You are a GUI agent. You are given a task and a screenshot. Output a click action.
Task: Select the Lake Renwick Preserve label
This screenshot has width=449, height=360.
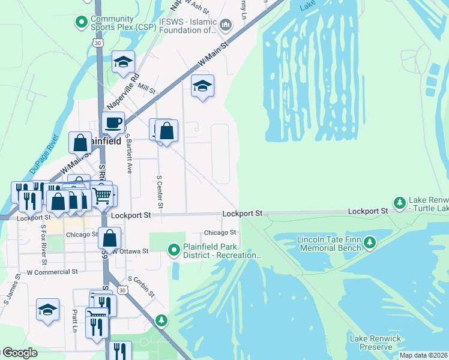pos(376,343)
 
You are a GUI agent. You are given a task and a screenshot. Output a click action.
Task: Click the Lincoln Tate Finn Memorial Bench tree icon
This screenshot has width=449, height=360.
pos(370,242)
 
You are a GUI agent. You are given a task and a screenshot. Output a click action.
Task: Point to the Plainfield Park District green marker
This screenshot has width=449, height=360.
pos(173,249)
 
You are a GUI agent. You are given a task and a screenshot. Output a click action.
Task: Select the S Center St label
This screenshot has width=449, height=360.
pos(160,192)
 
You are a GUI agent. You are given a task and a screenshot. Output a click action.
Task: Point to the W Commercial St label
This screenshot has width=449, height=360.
pos(52,272)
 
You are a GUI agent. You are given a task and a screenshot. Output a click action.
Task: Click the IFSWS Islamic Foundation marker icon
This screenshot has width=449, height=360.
pos(226,25)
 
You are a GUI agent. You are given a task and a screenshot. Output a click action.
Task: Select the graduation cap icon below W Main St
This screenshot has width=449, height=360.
pos(202,86)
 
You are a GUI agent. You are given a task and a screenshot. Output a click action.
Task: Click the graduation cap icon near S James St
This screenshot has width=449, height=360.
pos(47,310)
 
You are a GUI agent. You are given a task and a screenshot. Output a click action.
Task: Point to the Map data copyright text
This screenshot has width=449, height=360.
pos(423,355)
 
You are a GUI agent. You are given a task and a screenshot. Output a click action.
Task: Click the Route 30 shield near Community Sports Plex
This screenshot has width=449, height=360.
pos(98,41)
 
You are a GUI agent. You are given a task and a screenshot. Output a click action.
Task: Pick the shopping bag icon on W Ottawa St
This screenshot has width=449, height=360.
pos(110,238)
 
